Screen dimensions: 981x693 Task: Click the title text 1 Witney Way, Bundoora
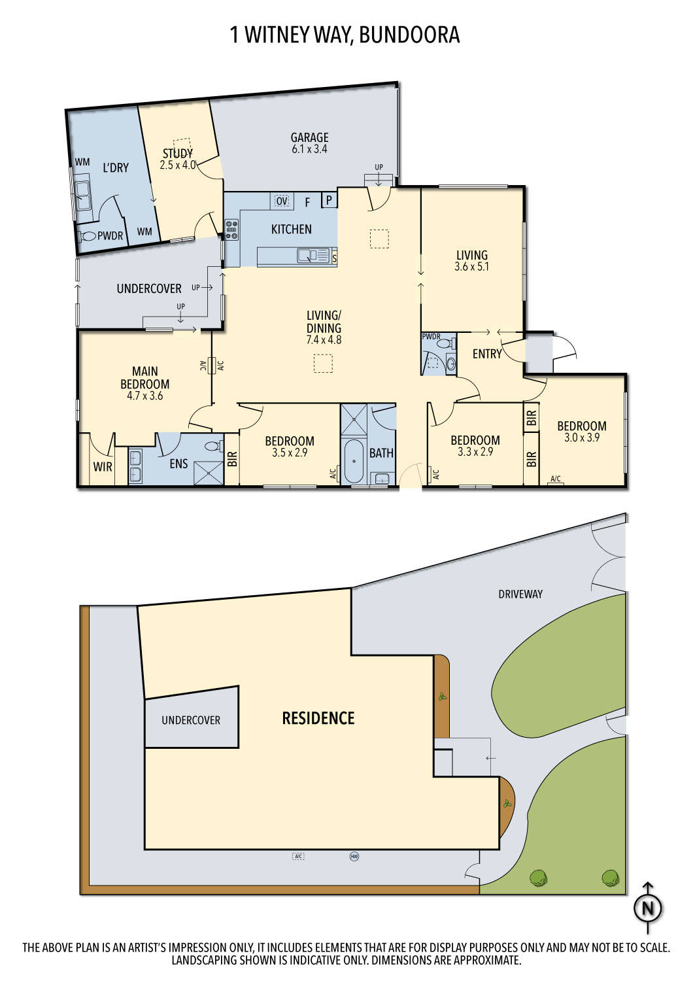[345, 35]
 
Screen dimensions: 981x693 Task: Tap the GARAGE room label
[309, 137]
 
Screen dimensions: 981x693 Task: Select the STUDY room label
[177, 154]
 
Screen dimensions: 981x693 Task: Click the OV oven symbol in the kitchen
[282, 201]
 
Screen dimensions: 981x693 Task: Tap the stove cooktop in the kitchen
[232, 228]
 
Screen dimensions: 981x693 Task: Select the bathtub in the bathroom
[354, 460]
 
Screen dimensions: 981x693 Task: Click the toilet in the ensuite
[212, 447]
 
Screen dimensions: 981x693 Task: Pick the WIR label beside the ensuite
[103, 467]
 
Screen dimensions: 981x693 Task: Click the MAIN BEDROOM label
[145, 377]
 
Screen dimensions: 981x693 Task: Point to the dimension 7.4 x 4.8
[324, 340]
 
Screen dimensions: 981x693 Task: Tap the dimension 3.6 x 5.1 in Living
[471, 267]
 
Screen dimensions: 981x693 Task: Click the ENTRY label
[486, 354]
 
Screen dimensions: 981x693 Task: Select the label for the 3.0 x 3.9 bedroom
[581, 426]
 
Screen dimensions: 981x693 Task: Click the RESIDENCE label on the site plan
[318, 718]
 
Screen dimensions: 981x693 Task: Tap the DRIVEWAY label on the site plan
[520, 594]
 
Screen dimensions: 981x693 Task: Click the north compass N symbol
[648, 908]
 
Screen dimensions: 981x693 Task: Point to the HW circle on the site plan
[355, 856]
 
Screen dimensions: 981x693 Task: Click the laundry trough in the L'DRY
[83, 192]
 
